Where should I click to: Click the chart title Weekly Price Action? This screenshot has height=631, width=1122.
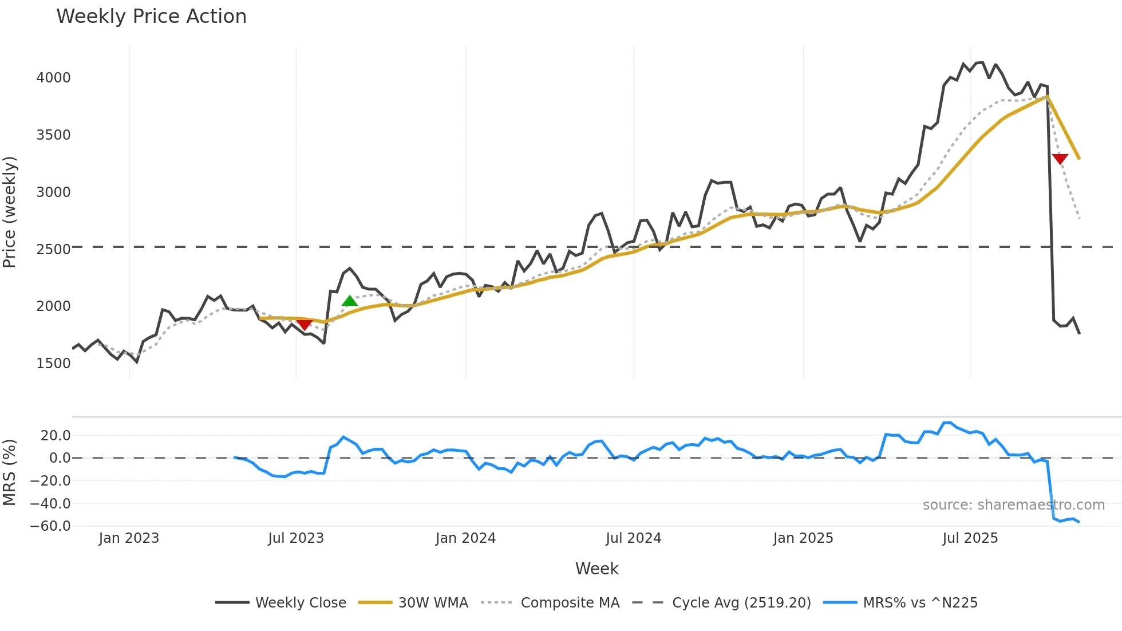click(x=151, y=17)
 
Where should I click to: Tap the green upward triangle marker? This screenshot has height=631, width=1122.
click(x=350, y=301)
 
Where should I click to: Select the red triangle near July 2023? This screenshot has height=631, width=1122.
click(x=305, y=325)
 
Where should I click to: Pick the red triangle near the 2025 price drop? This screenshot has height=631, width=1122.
click(x=1060, y=159)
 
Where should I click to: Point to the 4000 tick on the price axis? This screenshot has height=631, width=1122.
click(x=53, y=77)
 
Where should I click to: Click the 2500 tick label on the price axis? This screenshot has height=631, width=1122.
click(x=53, y=249)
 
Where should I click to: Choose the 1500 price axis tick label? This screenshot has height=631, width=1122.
click(x=53, y=363)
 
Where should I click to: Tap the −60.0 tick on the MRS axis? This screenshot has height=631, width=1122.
click(x=50, y=526)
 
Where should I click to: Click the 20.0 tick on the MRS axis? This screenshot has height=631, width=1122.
click(x=56, y=435)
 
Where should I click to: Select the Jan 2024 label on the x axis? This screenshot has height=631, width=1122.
click(x=465, y=538)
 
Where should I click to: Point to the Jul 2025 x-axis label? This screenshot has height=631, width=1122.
click(x=970, y=538)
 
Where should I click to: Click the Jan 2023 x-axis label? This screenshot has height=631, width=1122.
click(x=129, y=538)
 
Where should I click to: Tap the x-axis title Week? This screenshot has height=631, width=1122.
click(x=596, y=569)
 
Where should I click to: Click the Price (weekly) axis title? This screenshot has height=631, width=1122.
click(x=10, y=212)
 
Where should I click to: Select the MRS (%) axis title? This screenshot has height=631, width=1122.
click(x=10, y=472)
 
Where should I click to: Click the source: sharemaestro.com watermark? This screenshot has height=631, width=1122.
click(x=1013, y=505)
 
